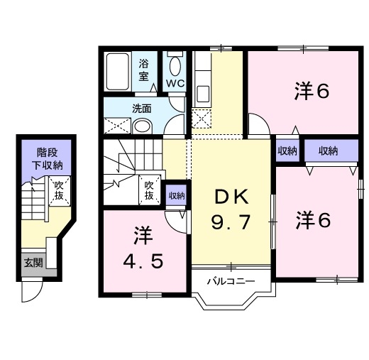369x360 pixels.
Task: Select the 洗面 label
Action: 142,109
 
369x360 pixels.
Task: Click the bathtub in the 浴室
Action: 119,71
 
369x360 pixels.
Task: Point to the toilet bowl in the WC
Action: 175,67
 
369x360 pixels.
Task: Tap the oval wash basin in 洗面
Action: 142,126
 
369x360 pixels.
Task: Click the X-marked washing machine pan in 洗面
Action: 115,126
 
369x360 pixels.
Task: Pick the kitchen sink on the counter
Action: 202,93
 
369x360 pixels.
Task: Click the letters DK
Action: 231,197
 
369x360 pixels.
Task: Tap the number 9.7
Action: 231,224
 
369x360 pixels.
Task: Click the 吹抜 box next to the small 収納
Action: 149,190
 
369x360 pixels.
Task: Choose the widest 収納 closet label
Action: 327,151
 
